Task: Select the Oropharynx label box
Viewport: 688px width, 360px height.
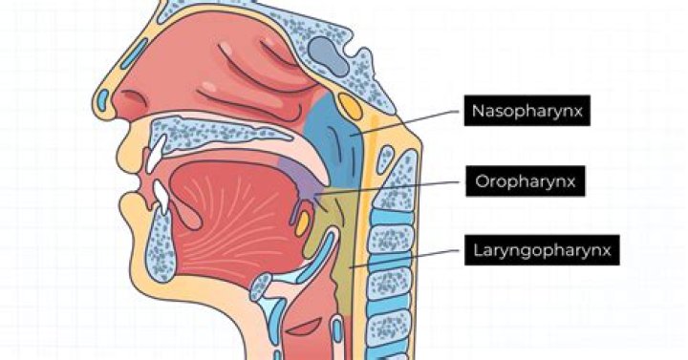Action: (525, 180)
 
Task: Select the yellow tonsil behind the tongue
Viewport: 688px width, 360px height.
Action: (302, 223)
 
